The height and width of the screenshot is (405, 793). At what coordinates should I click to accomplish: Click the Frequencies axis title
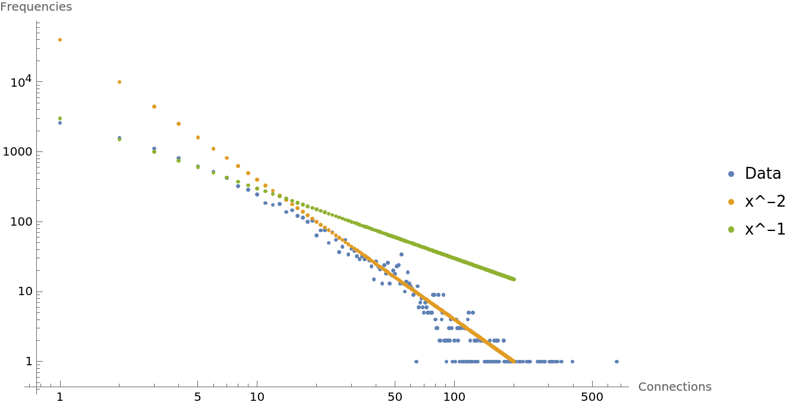point(36,7)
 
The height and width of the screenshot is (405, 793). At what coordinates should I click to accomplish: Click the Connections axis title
point(675,387)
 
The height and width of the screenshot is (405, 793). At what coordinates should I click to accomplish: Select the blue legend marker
point(731,174)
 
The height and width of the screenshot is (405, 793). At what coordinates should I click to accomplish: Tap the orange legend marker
point(731,202)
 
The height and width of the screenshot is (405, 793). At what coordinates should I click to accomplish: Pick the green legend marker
point(731,230)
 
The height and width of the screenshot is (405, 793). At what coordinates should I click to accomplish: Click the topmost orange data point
point(60,40)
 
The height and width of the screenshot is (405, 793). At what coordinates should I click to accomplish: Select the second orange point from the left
point(119,82)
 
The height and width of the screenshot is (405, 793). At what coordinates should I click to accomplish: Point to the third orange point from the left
point(155,107)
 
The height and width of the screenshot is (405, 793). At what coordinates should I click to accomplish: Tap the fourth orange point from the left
point(178,124)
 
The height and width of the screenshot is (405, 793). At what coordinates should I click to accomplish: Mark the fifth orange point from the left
point(198,137)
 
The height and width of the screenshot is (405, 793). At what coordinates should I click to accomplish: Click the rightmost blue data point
point(616,362)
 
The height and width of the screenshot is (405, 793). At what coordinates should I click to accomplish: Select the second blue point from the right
point(572,362)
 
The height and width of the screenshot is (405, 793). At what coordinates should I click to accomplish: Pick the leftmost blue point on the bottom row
point(416,362)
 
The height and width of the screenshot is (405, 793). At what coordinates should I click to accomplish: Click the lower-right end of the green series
point(514,279)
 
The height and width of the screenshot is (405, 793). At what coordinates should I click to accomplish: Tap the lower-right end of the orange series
point(514,361)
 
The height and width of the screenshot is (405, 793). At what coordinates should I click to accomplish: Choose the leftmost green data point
point(60,118)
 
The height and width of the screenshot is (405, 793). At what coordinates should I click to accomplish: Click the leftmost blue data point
point(60,123)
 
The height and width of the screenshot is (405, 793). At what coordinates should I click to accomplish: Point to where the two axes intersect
point(37,387)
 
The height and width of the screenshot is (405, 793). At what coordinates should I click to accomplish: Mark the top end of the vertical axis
point(37,21)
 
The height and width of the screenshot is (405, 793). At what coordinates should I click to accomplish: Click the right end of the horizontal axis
point(628,387)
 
